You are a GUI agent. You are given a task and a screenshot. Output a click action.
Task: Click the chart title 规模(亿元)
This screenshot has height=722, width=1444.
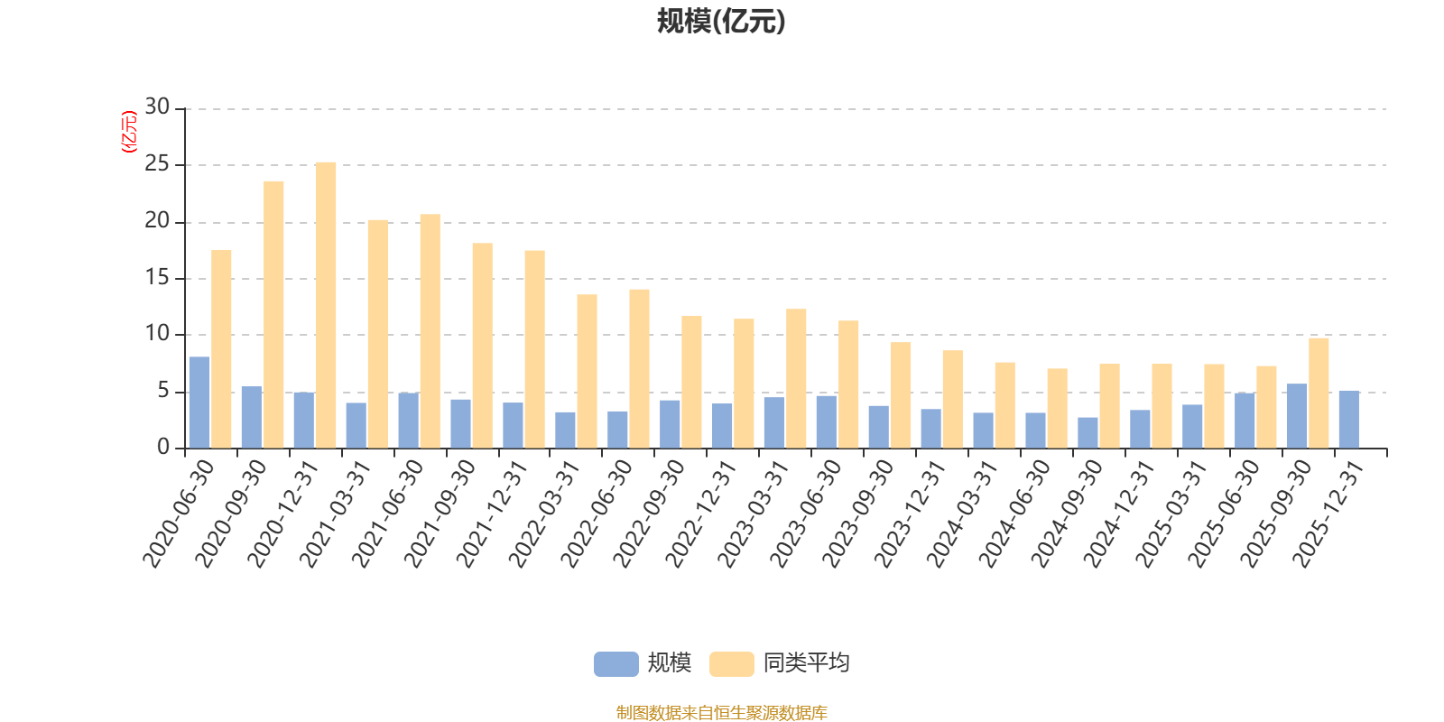point(721,22)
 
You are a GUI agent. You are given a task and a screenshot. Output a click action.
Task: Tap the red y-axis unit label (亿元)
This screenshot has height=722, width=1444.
point(130,132)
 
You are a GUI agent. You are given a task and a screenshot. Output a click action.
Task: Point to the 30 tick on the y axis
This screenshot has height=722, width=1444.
point(157,106)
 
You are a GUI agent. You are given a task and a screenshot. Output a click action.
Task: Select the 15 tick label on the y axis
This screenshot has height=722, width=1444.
point(157,277)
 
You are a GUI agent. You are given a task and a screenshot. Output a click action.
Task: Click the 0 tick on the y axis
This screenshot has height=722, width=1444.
point(163,447)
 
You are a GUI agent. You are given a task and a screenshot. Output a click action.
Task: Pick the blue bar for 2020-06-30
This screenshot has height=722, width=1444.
point(199,403)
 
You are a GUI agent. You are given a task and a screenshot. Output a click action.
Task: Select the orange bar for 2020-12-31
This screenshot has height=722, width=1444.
point(326,305)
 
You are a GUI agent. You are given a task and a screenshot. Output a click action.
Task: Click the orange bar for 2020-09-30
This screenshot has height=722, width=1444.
point(273,315)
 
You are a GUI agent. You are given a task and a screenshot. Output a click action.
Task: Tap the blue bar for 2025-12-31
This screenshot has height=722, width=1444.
point(1349,419)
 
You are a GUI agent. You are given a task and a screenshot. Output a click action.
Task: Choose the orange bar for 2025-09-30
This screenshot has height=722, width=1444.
point(1319,393)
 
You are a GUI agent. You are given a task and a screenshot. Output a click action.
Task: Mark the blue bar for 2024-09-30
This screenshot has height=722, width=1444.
point(1088,432)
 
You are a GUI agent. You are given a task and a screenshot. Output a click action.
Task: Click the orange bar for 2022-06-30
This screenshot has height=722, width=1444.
point(640,369)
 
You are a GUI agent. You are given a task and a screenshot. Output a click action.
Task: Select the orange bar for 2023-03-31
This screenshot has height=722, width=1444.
point(796,378)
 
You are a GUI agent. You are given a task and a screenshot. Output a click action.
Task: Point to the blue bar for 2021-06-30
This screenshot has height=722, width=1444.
point(408,421)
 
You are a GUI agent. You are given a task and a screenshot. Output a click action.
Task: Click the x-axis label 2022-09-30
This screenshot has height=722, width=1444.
point(649,514)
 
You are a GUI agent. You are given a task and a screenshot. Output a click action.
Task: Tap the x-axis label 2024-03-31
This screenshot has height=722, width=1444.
point(962,514)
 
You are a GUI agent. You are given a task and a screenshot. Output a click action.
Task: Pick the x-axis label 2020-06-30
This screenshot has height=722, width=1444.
point(178,514)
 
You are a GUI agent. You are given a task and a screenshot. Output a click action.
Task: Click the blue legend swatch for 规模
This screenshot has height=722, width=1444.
point(616,664)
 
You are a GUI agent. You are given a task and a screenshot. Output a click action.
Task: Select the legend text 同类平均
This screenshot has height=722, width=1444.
point(807,662)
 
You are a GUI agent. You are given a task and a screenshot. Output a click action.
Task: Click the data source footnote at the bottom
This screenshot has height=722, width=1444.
point(721,712)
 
